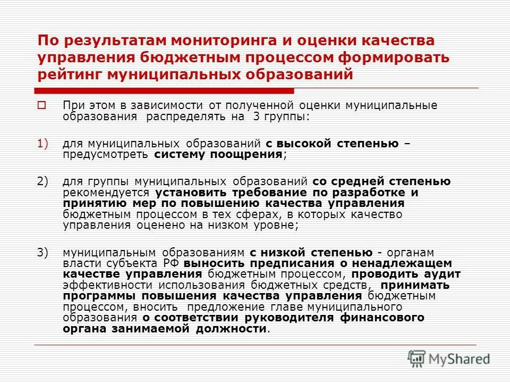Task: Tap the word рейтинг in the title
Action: click(x=69, y=74)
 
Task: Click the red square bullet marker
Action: click(x=42, y=104)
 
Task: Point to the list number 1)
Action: click(x=42, y=144)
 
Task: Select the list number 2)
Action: click(x=42, y=181)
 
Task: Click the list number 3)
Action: click(x=42, y=252)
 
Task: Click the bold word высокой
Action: click(x=312, y=144)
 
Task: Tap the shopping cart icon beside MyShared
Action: click(x=417, y=357)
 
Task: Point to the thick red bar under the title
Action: click(x=164, y=90)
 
